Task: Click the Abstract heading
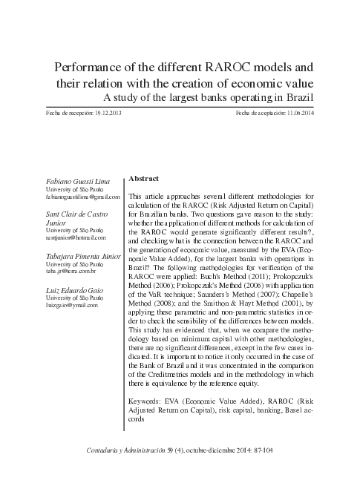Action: click(144, 179)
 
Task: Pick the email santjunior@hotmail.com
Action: click(71, 237)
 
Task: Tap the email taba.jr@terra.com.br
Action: click(66, 272)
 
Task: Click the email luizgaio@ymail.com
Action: click(66, 305)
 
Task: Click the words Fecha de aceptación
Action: click(254, 114)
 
